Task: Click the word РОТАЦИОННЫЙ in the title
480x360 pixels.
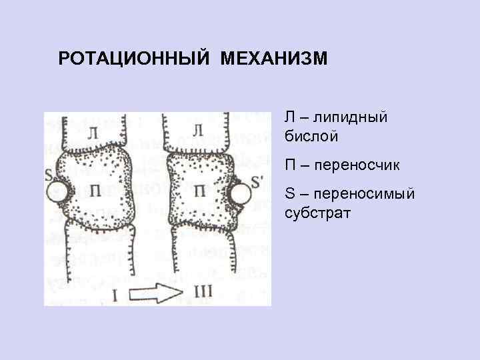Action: [132, 59]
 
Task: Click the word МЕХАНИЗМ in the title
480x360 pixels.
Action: [273, 59]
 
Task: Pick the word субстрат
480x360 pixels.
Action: [319, 214]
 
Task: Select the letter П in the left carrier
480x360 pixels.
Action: [97, 192]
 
